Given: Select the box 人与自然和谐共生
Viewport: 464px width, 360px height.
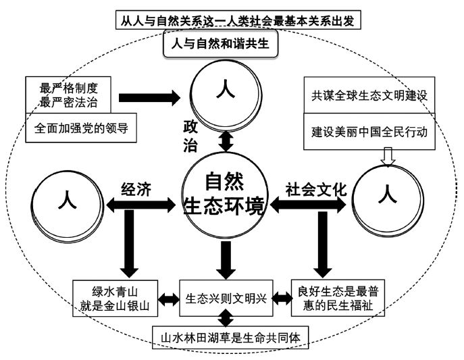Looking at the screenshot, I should (x=221, y=45).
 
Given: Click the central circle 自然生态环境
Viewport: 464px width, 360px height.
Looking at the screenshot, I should (x=225, y=195).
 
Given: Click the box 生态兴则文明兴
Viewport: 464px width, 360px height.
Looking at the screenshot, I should (x=226, y=298).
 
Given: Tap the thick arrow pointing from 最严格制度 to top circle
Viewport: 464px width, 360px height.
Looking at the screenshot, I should (x=151, y=97).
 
